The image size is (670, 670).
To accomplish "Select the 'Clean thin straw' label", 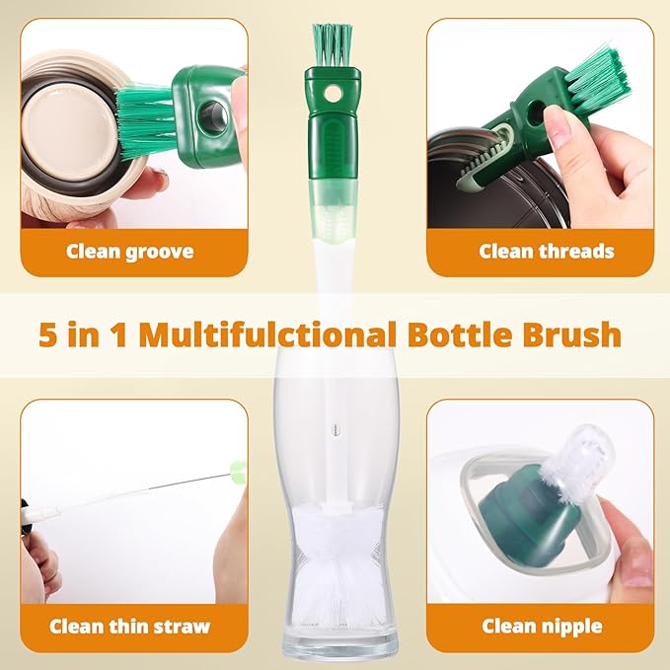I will (129, 626).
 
